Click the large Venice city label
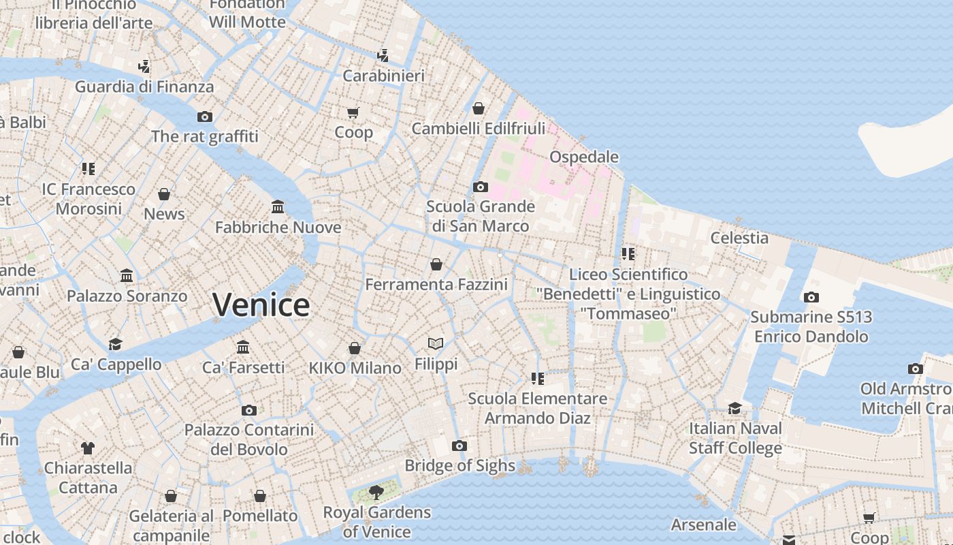[261, 305]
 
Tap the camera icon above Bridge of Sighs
[459, 446]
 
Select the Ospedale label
[583, 157]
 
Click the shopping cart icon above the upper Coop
[353, 112]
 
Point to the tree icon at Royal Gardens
[376, 492]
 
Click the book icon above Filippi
[436, 343]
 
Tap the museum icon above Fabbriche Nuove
[278, 206]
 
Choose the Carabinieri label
[383, 76]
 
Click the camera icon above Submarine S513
[811, 297]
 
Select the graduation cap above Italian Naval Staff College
[734, 408]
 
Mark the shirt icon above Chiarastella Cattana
[88, 448]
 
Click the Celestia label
[739, 238]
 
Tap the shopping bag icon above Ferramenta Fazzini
[436, 264]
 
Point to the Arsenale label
[703, 525]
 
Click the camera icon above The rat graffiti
[205, 116]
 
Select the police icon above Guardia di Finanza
[144, 67]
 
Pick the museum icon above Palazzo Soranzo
[127, 276]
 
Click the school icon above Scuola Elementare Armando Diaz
[538, 378]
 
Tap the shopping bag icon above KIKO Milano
[355, 348]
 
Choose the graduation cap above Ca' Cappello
[116, 344]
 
